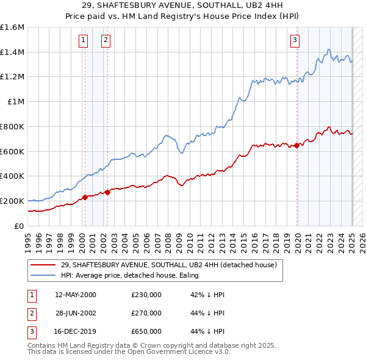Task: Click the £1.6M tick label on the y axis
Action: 13,27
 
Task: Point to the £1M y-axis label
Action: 16,101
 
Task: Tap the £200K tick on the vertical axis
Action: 13,201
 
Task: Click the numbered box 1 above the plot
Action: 83,41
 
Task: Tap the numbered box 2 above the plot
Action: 106,41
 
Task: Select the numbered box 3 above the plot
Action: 295,41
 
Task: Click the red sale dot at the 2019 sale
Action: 296,145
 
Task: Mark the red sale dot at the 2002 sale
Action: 107,192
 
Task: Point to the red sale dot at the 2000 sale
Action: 85,197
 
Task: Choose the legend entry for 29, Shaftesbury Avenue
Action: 168,265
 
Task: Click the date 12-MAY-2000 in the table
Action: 76,295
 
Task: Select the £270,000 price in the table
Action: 146,312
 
